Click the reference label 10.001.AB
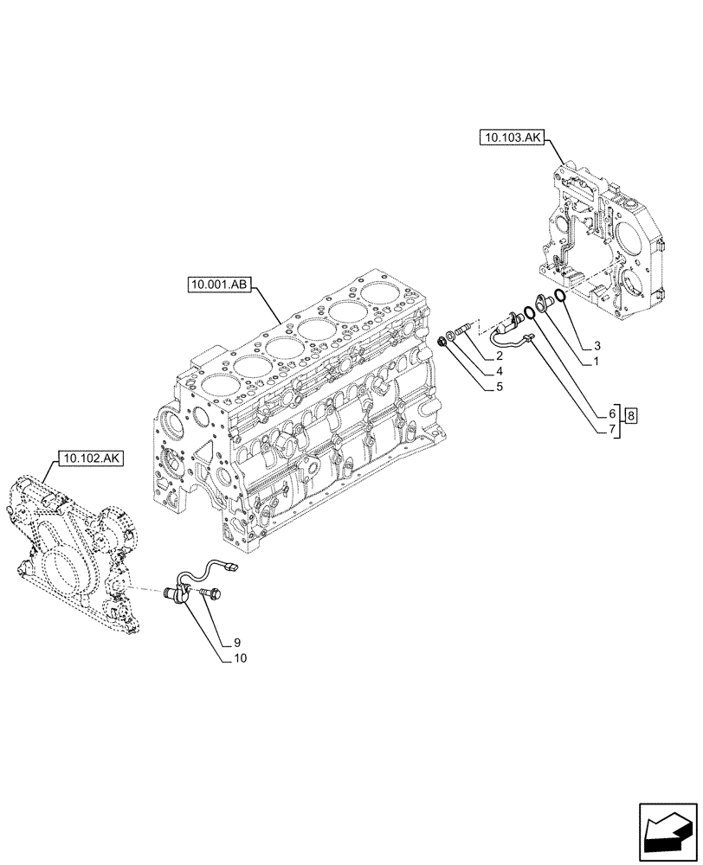tap(217, 285)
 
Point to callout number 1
tap(597, 362)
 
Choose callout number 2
tap(500, 356)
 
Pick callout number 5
tap(500, 388)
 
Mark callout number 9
tap(235, 643)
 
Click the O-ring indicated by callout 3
tap(561, 298)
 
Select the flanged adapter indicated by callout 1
tap(544, 303)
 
